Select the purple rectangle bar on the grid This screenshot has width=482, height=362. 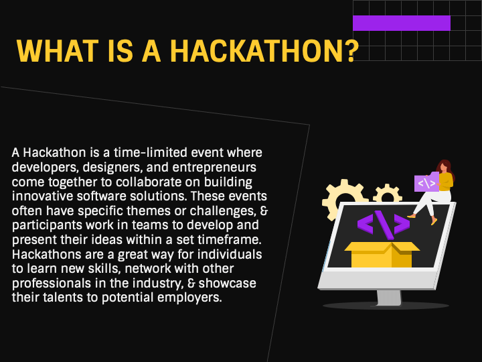(402, 23)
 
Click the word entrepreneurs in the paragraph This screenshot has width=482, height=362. (214, 168)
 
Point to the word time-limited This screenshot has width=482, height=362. (151, 153)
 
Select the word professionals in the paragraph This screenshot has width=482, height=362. (52, 284)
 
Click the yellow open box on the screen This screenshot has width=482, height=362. (382, 255)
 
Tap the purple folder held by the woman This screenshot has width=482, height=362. (426, 182)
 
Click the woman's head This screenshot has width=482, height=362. (444, 166)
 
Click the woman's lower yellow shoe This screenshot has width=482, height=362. (434, 221)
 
